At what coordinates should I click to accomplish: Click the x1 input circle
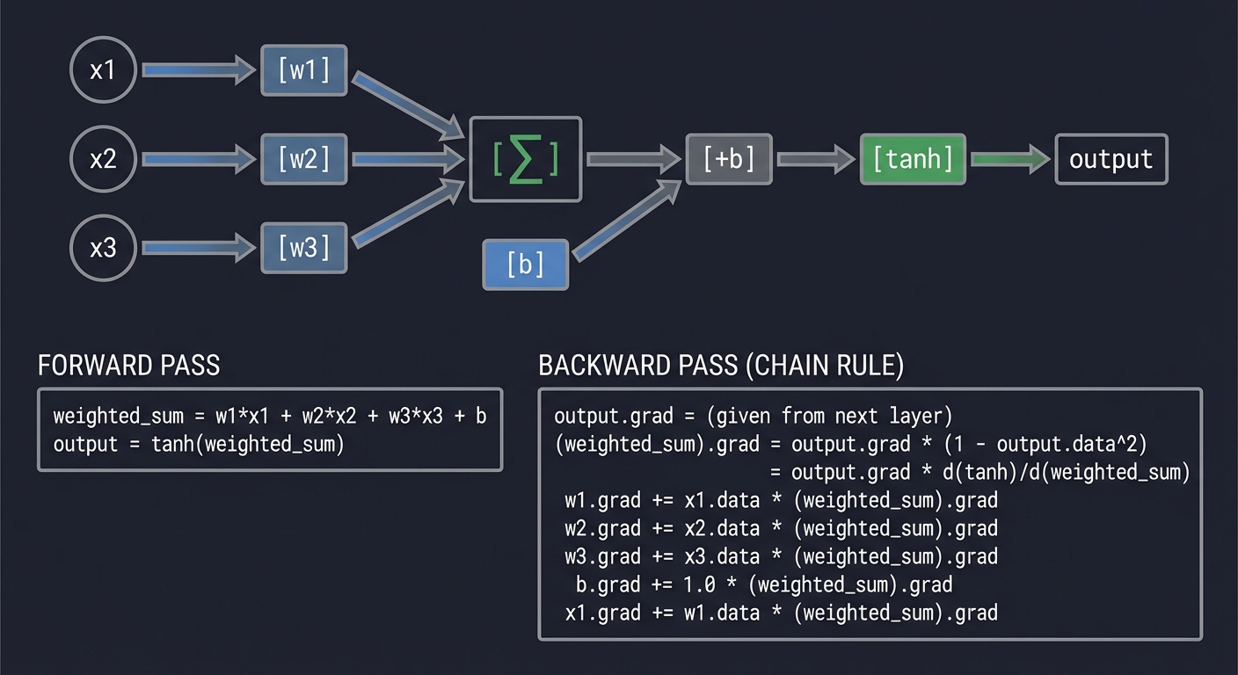(x=103, y=70)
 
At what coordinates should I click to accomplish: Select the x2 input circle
(x=103, y=159)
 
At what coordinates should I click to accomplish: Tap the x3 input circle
(x=103, y=248)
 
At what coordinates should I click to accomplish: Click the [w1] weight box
(x=304, y=70)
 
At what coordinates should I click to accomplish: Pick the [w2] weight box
(x=304, y=159)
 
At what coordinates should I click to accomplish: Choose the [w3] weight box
(x=304, y=248)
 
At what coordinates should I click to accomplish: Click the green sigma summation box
(x=526, y=159)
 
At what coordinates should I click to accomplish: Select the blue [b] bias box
(x=526, y=264)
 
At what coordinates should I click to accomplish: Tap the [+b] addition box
(x=729, y=159)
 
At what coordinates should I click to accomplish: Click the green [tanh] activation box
(x=913, y=159)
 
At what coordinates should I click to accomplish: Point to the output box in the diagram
(x=1111, y=159)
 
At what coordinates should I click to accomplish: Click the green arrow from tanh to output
(x=1009, y=159)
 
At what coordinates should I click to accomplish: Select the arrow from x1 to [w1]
(x=198, y=70)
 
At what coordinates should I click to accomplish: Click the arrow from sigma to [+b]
(x=633, y=159)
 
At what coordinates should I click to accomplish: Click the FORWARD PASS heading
(x=128, y=366)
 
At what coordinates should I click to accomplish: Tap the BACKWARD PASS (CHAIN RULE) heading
(x=720, y=366)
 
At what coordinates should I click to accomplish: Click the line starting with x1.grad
(x=781, y=613)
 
